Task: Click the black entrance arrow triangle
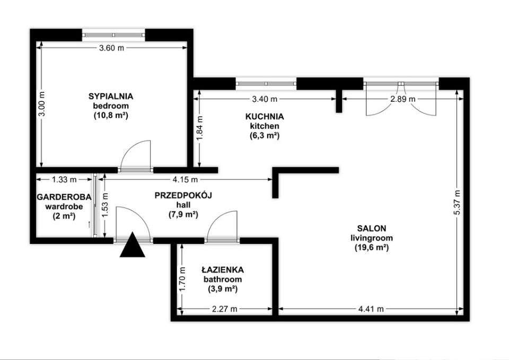pos(133,245)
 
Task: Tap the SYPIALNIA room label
pos(111,96)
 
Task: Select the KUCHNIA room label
pos(265,117)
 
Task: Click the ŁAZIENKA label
pos(223,269)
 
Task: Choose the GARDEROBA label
pos(64,197)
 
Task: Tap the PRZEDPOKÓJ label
pos(183,196)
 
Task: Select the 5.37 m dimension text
pos(457,202)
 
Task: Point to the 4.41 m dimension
pos(371,309)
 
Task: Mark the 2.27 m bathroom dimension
pos(225,309)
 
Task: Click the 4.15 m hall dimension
pos(185,179)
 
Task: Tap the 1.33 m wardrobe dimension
pos(64,179)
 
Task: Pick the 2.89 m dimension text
pos(403,99)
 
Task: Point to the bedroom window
pos(113,34)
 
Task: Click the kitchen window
pos(266,83)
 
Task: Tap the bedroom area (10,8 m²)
pos(111,115)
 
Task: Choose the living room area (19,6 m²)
pos(371,248)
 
